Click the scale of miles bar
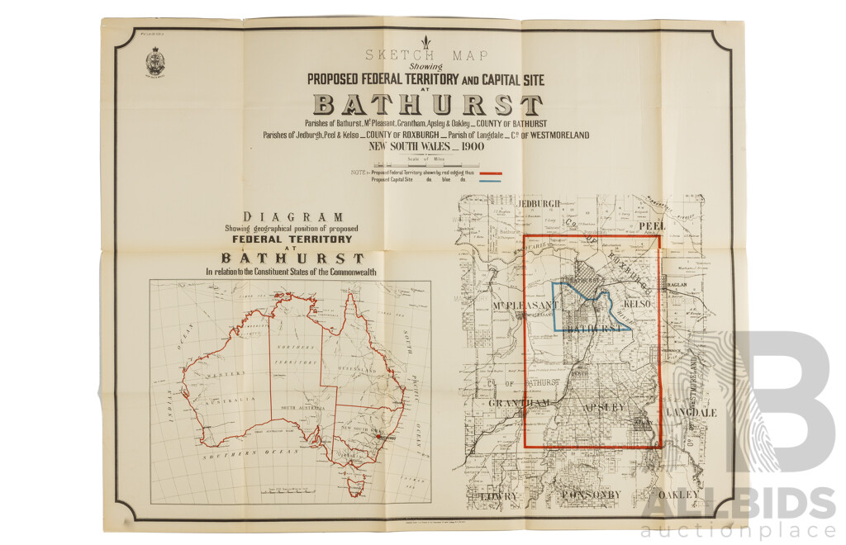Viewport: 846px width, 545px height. pos(426,164)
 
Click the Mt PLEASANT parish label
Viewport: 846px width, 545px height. pos(521,307)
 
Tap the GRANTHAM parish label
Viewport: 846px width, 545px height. pos(519,402)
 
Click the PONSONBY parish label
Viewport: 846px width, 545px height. pos(590,495)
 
